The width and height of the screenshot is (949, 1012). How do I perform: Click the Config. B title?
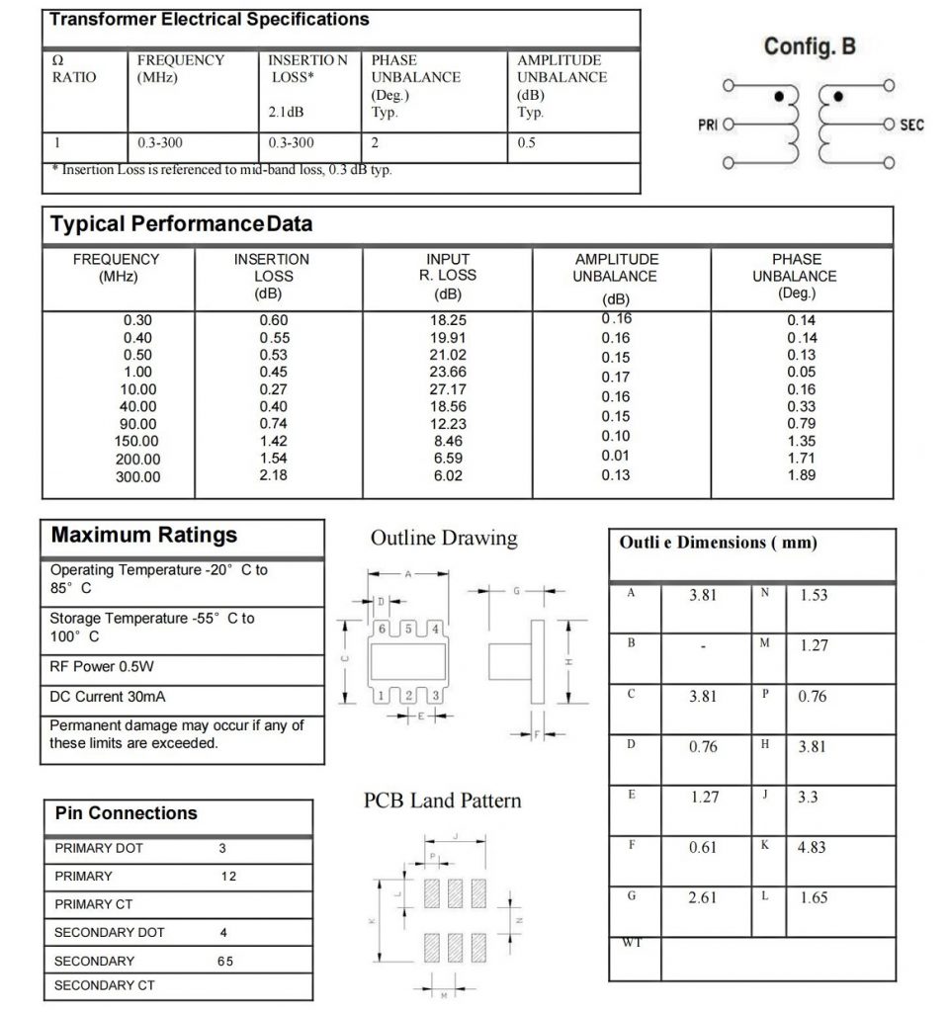click(x=810, y=46)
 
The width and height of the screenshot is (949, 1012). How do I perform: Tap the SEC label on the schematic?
click(x=911, y=125)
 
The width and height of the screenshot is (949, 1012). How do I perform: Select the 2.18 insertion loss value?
click(x=272, y=476)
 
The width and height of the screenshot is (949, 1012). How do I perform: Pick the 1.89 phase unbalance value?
click(x=802, y=476)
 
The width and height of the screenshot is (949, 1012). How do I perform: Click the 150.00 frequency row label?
click(x=138, y=442)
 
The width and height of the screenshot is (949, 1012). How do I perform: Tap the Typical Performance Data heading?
click(x=181, y=224)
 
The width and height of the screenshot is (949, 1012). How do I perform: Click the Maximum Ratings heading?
click(x=144, y=536)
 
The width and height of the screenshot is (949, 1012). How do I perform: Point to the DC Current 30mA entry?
click(x=107, y=697)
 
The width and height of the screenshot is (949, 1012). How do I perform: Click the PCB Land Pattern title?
click(x=443, y=800)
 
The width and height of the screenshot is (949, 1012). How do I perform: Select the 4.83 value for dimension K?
click(x=812, y=847)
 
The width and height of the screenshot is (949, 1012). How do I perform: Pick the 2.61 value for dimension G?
click(x=703, y=897)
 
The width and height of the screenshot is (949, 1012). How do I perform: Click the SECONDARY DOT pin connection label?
click(x=110, y=932)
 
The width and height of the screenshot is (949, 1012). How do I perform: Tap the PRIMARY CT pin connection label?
click(x=94, y=904)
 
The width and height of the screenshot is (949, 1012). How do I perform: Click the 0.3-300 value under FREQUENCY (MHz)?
click(x=159, y=143)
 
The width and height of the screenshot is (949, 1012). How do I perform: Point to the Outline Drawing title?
click(x=444, y=539)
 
